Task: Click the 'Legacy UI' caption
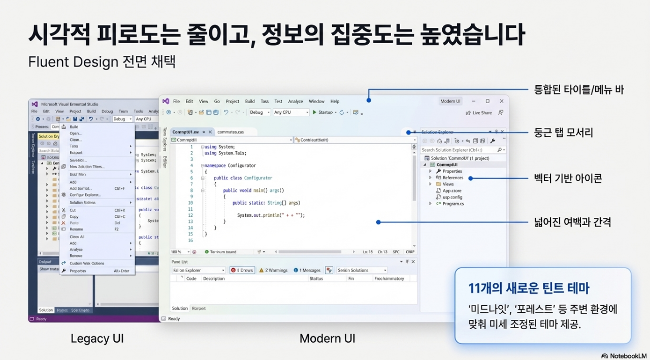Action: coord(97,338)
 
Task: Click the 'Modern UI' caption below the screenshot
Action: coord(327,338)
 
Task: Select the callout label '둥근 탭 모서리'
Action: coord(564,133)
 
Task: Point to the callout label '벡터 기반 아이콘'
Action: coord(568,178)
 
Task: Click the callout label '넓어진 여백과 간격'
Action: coord(572,222)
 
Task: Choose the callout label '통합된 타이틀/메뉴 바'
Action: coord(579,90)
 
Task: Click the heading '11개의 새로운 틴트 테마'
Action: coord(529,288)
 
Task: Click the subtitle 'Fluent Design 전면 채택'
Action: coord(102,61)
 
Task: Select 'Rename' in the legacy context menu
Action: coord(77,229)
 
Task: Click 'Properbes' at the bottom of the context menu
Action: coord(78,271)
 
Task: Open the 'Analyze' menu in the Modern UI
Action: coord(295,102)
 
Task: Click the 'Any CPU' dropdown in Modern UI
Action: coord(291,112)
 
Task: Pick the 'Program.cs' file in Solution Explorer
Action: coord(453,204)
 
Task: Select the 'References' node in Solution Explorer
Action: coord(452,178)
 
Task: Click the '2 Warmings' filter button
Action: coord(273,270)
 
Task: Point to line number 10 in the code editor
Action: coord(190,203)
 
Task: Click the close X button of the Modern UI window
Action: coord(501,101)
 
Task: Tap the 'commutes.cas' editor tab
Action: coord(231,132)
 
